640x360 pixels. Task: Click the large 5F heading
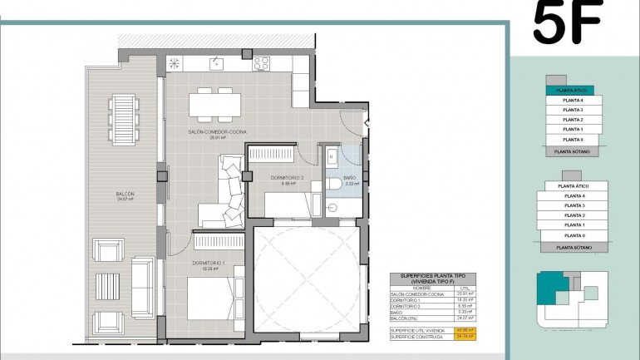[x=568, y=22]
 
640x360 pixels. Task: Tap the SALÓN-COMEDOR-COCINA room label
[x=217, y=131]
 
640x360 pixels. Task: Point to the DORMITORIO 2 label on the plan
[x=288, y=178]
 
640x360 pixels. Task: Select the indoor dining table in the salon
[x=214, y=104]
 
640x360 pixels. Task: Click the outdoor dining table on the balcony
[x=124, y=118]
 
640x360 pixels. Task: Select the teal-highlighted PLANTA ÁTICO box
[x=569, y=90]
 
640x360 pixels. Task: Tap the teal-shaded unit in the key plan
[x=549, y=288]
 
